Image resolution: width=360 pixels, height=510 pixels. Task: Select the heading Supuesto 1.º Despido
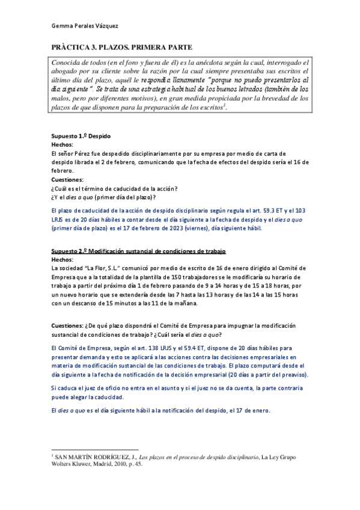(81, 137)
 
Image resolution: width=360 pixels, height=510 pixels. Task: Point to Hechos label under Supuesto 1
(63, 145)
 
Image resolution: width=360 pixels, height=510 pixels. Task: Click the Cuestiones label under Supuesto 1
(67, 179)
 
